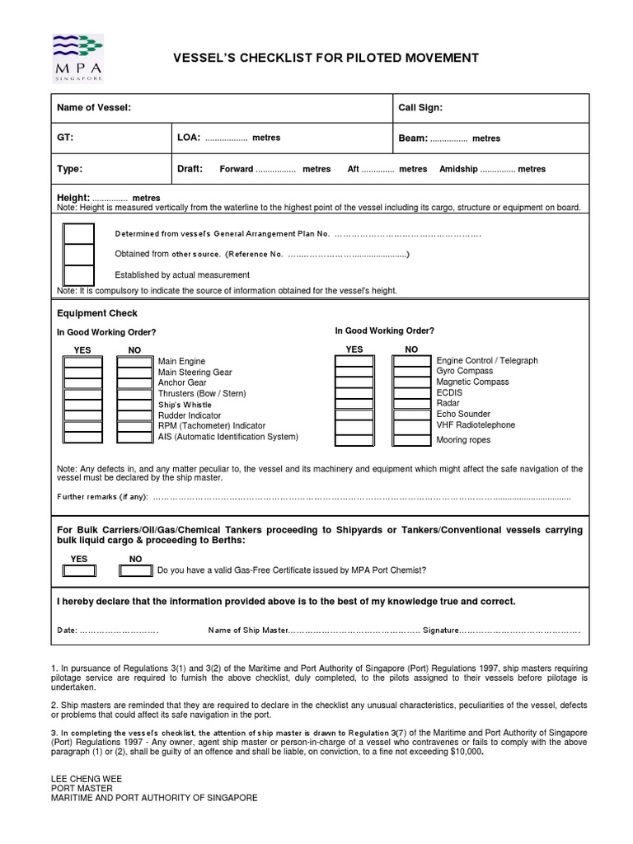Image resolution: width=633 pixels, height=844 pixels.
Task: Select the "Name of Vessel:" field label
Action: (x=93, y=108)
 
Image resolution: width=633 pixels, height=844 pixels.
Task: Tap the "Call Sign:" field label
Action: (x=420, y=108)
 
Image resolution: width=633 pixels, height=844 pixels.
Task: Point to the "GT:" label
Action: (x=65, y=138)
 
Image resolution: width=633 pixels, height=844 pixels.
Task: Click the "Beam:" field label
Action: (x=412, y=138)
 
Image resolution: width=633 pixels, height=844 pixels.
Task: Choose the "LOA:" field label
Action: (x=189, y=138)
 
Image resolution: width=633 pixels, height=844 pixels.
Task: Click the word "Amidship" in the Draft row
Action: (x=457, y=169)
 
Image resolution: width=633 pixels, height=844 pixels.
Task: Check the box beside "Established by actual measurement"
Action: (x=79, y=275)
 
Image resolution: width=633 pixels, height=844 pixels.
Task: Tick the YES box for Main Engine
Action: (x=83, y=362)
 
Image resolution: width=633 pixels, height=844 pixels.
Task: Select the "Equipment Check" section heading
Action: (x=96, y=313)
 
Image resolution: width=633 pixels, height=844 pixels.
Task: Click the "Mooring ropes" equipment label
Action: (x=463, y=440)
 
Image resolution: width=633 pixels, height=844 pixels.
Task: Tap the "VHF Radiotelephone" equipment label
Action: (x=476, y=425)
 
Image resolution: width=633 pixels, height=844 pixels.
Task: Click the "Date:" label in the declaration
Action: (x=67, y=631)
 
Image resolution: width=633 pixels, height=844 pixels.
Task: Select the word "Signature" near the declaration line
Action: (x=440, y=631)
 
